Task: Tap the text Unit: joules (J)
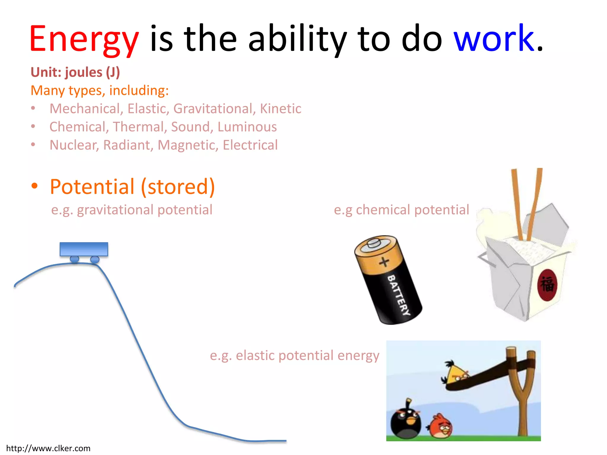75,72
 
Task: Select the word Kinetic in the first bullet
280,109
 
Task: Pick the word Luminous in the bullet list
247,127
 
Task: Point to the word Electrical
250,145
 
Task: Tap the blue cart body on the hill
84,249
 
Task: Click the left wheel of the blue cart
74,259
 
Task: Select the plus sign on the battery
384,262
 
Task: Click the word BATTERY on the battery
399,295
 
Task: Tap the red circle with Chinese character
547,285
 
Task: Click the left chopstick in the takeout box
517,204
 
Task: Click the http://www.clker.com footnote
48,448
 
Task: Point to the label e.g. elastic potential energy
294,355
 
